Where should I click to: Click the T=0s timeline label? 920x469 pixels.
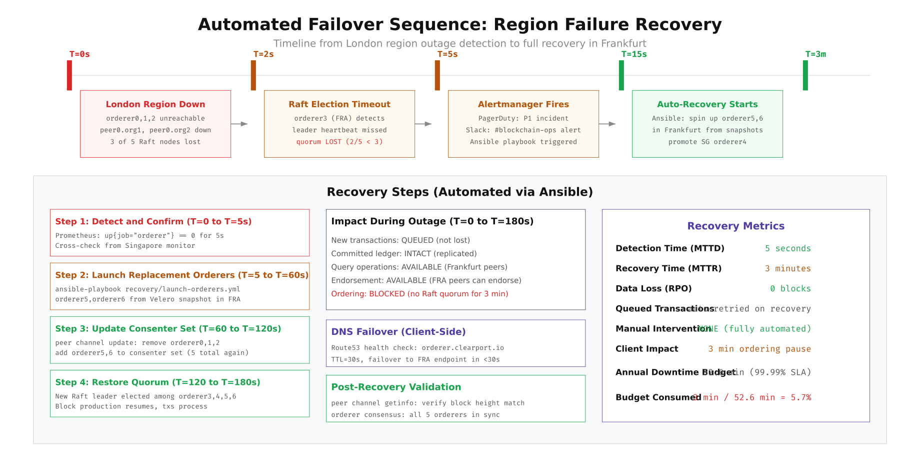coord(79,54)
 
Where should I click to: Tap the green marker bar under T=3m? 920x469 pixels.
coord(805,75)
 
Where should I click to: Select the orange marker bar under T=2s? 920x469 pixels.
coord(253,75)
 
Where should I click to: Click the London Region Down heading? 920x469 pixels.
coord(155,104)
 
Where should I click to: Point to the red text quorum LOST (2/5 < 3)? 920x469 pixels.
coord(339,142)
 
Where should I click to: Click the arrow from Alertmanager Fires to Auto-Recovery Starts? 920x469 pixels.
coord(607,124)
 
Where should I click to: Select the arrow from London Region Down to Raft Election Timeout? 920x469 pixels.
coord(239,124)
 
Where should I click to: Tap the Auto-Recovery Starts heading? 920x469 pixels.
coord(707,104)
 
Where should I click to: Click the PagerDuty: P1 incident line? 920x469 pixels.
coord(523,118)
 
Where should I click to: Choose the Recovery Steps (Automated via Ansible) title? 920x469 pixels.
coord(459,192)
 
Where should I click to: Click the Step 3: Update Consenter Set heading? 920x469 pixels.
coord(168,328)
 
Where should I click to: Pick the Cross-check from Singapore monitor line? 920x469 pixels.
coord(125,245)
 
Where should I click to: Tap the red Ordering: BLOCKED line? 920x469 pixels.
coord(419,294)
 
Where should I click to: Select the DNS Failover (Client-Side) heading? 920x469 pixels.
coord(398,331)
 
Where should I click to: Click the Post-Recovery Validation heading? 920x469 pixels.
coord(396,387)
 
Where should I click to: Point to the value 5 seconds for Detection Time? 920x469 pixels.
coord(787,248)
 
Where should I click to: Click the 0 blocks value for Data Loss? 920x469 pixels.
coord(790,288)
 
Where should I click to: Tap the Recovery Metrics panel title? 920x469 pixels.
coord(735,226)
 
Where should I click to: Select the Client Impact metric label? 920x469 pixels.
coord(646,349)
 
